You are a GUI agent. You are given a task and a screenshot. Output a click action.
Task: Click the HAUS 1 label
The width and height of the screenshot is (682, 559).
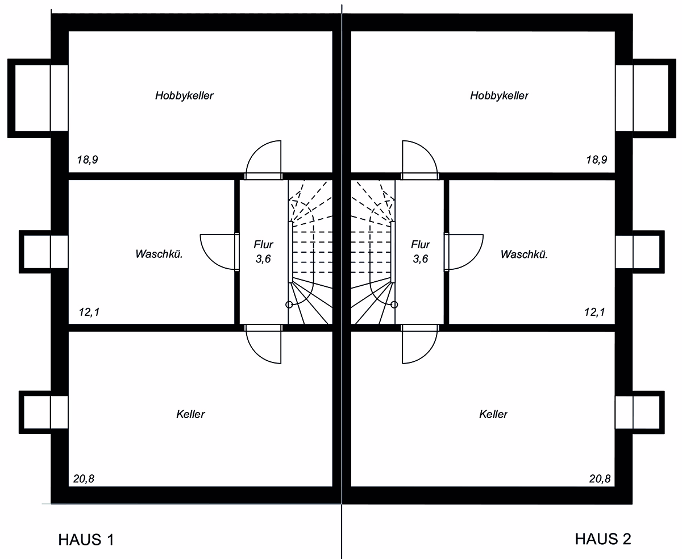86,540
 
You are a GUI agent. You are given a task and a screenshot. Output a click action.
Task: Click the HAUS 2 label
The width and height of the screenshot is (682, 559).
603,539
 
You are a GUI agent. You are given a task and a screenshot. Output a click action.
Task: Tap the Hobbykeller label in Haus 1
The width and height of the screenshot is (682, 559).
184,95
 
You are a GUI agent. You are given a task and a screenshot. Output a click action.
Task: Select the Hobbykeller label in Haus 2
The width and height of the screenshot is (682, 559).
499,95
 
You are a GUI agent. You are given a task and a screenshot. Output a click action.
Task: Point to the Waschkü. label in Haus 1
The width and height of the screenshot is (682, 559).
159,254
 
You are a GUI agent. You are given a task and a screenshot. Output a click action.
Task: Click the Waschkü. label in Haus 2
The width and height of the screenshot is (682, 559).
524,254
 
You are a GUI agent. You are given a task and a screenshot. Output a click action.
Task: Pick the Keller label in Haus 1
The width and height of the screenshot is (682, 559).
190,414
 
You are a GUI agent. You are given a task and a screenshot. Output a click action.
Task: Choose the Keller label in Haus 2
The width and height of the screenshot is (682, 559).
493,414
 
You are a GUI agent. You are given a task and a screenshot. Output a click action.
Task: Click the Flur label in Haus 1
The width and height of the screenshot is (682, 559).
264,244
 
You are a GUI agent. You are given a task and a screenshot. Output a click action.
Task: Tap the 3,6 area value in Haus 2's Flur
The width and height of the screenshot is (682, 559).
421,259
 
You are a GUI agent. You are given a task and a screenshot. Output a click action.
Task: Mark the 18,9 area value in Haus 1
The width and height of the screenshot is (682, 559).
88,160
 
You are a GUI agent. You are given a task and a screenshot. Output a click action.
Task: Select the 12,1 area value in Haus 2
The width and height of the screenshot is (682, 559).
594,312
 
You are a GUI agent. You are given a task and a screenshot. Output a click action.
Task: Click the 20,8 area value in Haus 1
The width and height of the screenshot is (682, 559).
84,478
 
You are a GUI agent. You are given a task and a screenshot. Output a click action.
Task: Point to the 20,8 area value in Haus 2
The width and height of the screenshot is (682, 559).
600,478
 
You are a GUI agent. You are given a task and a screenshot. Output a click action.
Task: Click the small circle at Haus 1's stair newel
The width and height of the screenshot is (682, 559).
289,304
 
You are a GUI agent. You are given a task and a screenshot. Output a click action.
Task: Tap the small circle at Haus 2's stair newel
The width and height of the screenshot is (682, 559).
394,304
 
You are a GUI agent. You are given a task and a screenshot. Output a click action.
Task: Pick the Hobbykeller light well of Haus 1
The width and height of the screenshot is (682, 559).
11,98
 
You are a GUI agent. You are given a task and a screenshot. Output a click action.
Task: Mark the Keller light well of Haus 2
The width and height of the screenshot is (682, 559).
662,412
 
